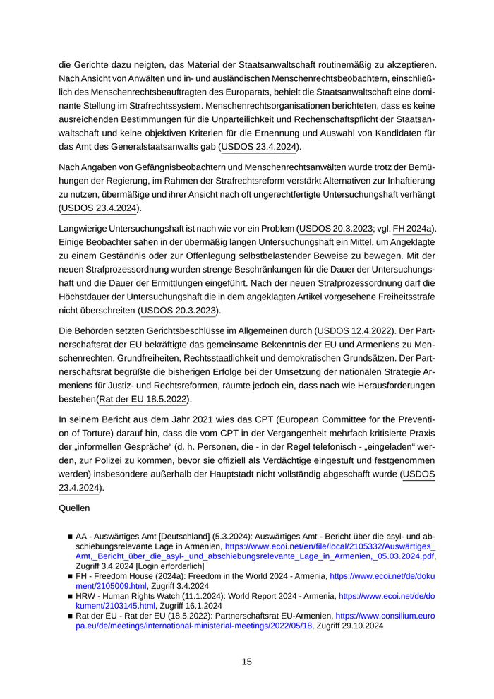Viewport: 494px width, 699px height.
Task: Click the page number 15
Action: [246, 662]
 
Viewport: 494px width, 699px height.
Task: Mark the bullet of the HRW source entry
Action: [71, 596]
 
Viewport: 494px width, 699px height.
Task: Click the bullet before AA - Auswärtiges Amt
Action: [71, 537]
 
